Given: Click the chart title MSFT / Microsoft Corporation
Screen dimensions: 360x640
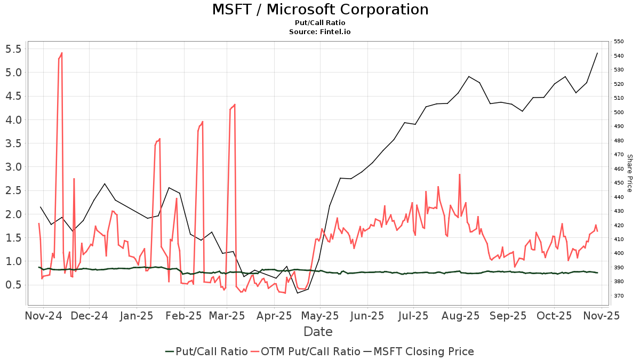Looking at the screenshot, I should [320, 10].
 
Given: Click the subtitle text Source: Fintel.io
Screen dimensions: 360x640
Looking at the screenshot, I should [320, 32].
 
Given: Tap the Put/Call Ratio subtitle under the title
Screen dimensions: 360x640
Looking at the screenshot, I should [320, 23].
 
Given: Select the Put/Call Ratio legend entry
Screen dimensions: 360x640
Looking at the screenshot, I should [206, 351].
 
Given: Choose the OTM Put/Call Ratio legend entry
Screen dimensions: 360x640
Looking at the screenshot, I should [306, 351].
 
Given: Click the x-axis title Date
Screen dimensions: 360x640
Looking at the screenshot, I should [318, 332].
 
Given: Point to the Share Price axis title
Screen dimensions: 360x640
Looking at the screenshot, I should [629, 173].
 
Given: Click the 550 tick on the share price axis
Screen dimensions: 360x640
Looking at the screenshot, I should [619, 42].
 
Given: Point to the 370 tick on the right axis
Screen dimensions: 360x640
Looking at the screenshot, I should [619, 295].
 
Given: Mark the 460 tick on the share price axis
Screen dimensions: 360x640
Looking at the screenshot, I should [619, 169].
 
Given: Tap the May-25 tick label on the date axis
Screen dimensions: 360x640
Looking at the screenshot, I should [321, 316].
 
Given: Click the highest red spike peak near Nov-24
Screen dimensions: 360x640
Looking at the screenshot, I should [62, 53].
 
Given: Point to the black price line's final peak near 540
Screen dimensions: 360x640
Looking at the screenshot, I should [597, 53].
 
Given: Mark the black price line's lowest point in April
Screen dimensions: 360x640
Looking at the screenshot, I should [298, 293].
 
